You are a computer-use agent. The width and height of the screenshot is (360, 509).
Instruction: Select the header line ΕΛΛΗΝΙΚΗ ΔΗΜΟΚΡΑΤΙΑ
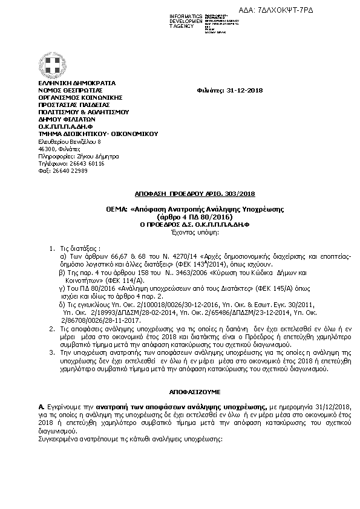pos(77,83)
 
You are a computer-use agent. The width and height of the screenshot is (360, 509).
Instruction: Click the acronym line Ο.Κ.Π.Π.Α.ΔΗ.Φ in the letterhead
pos(68,126)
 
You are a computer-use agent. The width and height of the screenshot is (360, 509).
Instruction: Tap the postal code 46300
pos(47,148)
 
